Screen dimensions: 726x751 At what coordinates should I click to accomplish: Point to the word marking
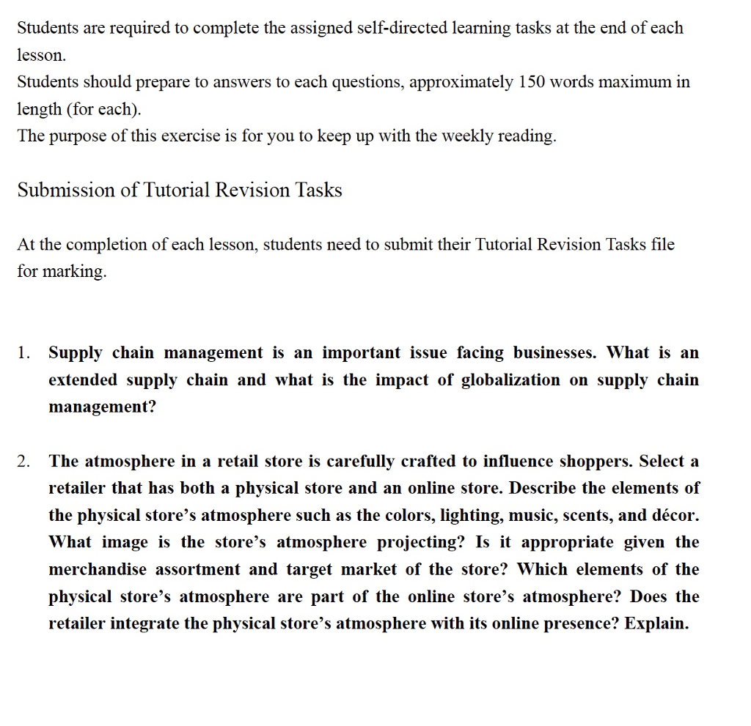[73, 272]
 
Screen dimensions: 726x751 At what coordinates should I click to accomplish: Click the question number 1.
[23, 353]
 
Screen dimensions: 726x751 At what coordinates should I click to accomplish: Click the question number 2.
[23, 462]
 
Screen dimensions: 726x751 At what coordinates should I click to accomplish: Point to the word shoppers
[596, 462]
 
